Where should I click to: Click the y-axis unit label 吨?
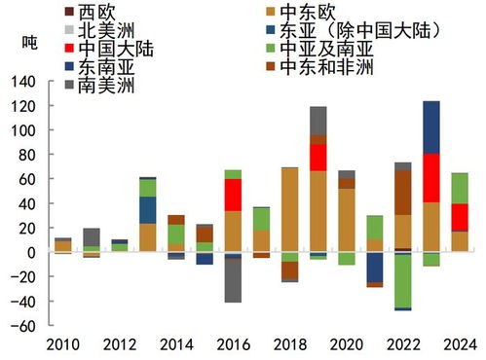29,45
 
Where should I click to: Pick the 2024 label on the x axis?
459,345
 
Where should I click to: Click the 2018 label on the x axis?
288,345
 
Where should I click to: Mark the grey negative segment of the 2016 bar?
232,282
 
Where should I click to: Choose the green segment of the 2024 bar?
460,189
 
